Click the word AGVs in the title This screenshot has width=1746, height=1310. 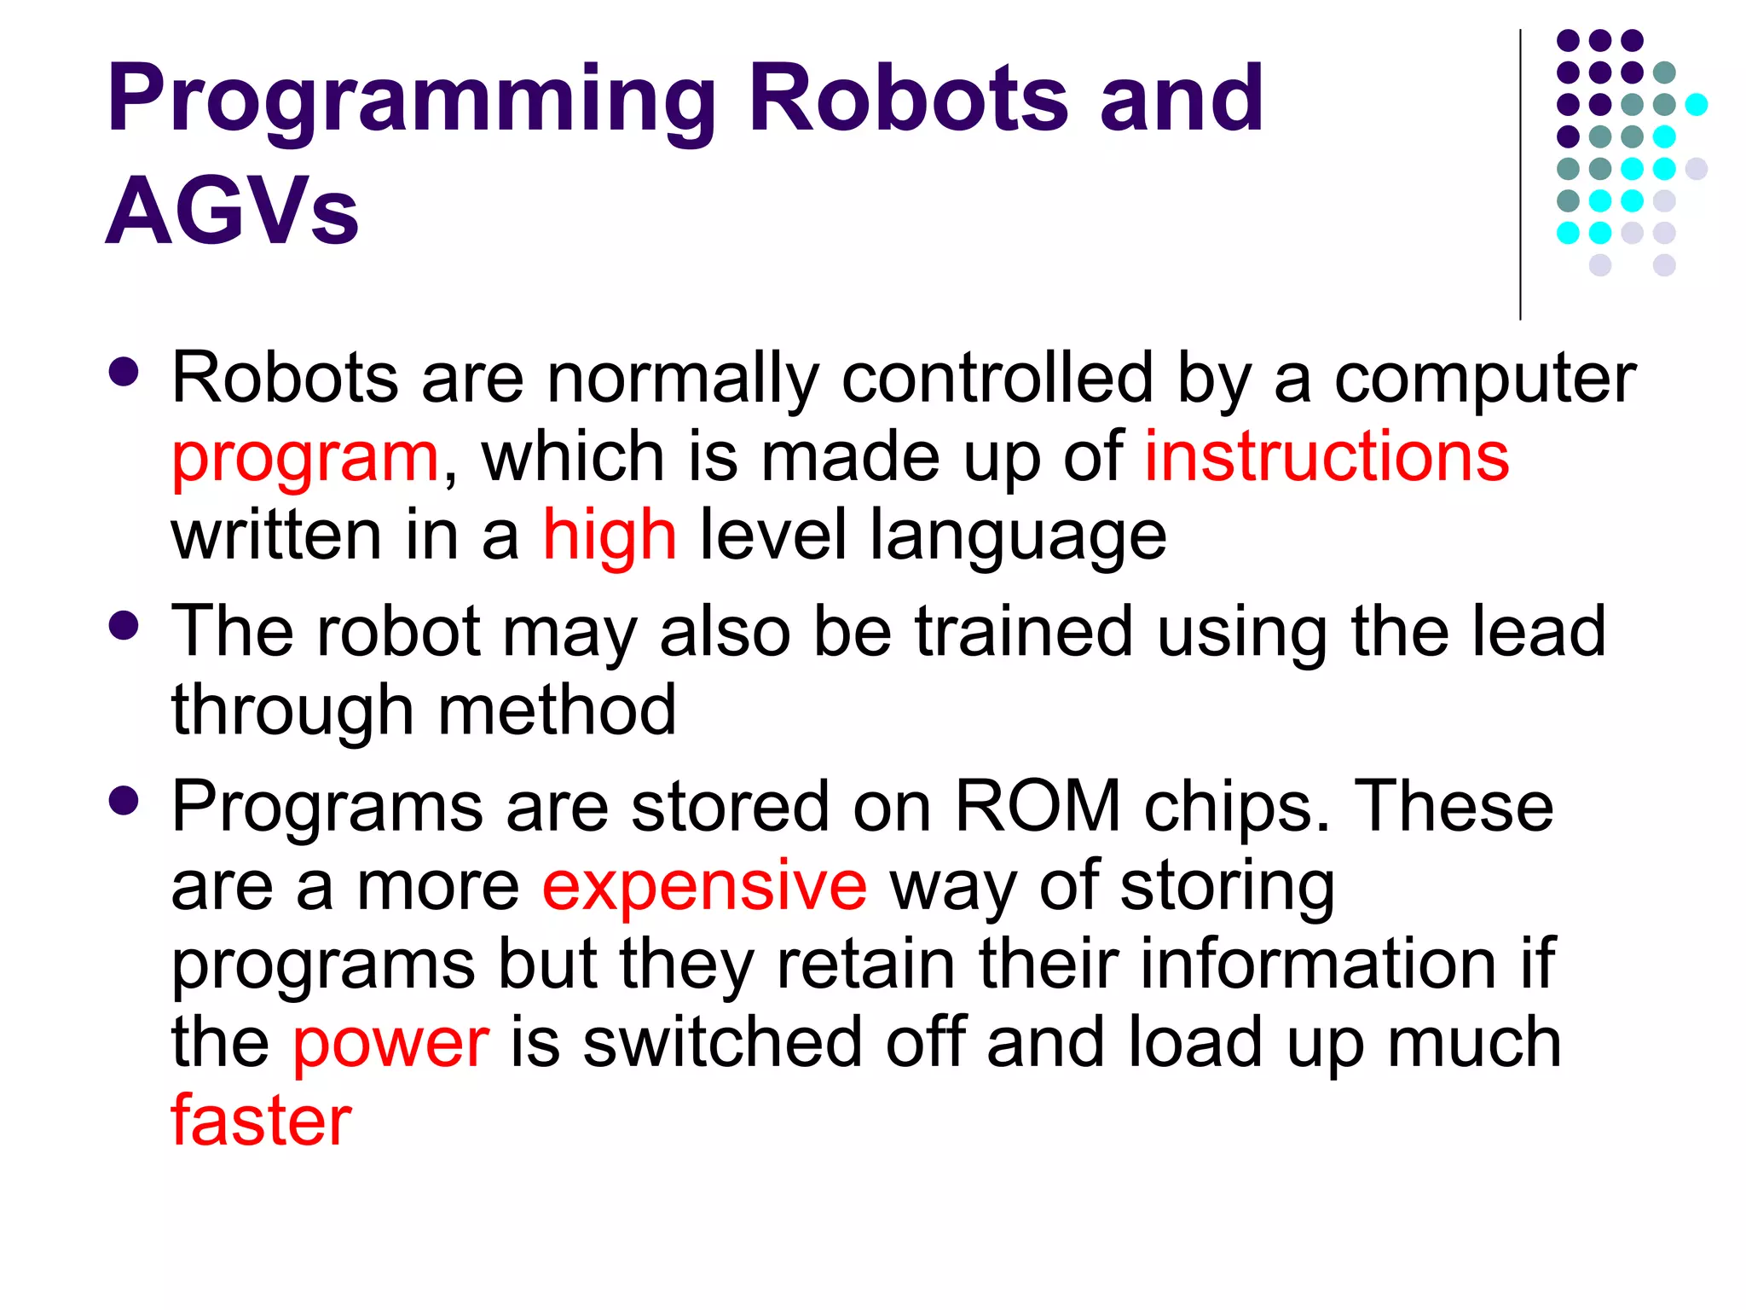pos(232,210)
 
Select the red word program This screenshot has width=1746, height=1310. pos(305,459)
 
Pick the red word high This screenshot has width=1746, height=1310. pos(610,536)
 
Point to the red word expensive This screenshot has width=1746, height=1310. pos(704,887)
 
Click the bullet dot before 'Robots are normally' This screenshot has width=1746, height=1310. pos(124,372)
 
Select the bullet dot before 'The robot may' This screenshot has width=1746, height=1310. pos(124,625)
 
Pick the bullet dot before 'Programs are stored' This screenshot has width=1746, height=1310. pos(124,801)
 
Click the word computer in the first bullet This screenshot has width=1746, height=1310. pos(1484,380)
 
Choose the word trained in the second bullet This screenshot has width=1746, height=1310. pos(1023,631)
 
